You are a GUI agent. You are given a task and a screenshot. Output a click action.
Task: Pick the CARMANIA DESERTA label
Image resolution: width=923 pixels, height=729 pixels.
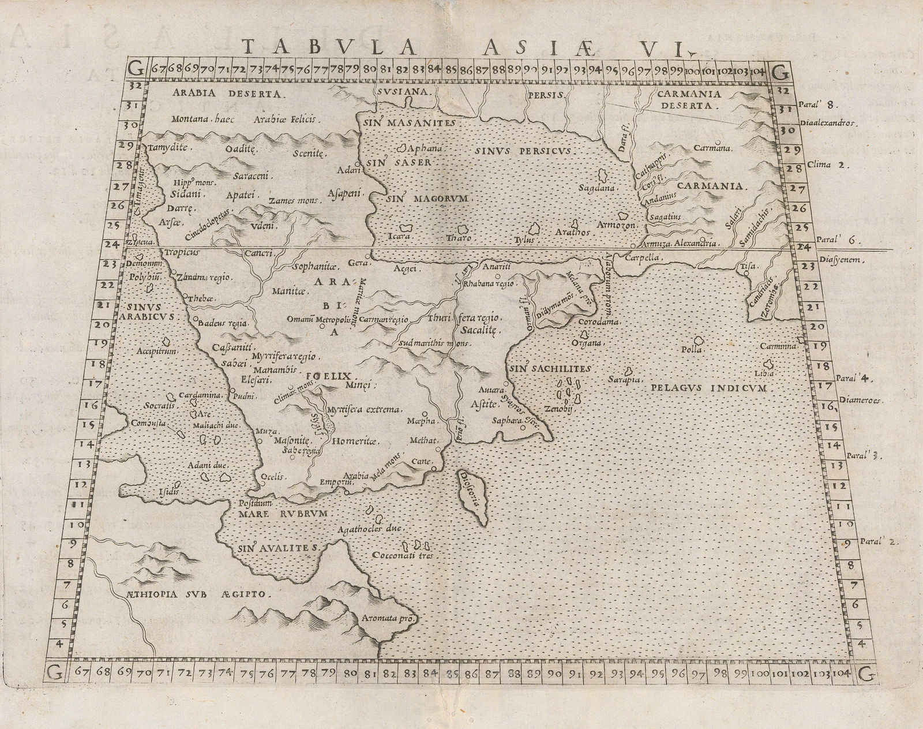tap(691, 99)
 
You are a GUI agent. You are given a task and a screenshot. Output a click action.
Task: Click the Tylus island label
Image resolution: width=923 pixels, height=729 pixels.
tap(526, 240)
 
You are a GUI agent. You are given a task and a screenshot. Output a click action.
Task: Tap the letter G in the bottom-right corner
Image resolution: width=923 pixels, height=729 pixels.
tap(865, 672)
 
